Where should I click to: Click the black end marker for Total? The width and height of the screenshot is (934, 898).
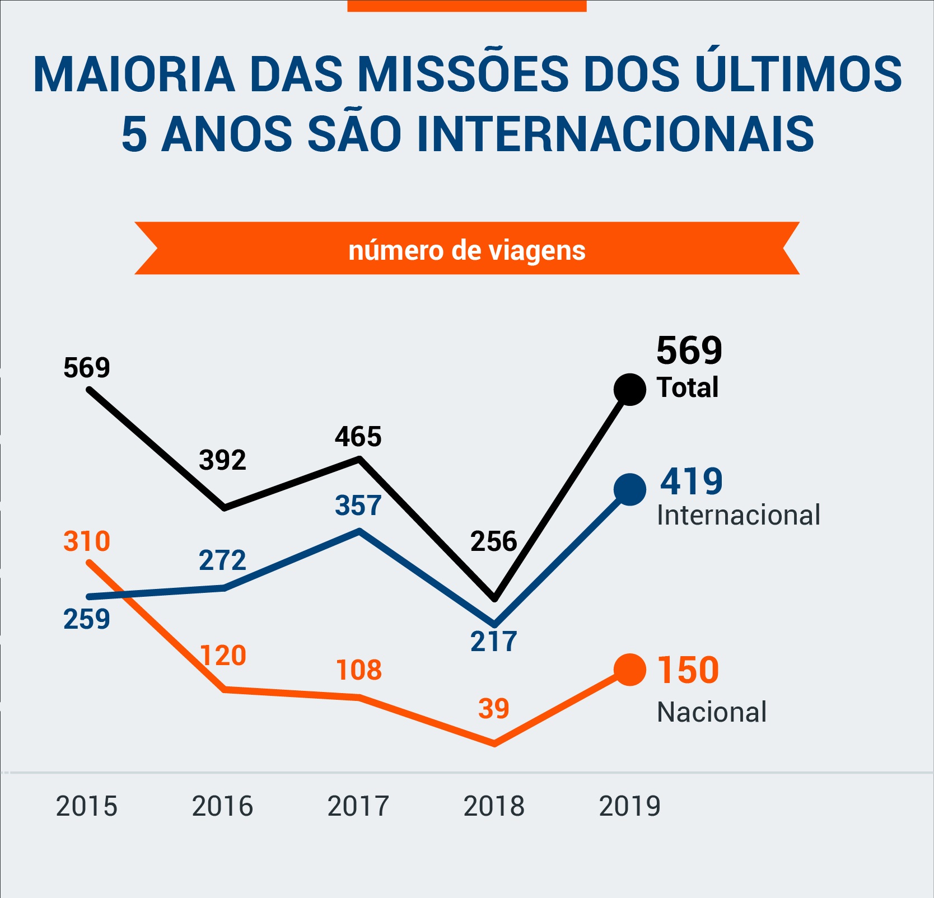pos(629,389)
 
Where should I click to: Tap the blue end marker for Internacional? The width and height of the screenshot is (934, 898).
pos(629,489)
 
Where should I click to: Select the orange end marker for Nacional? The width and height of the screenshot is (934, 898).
pos(629,670)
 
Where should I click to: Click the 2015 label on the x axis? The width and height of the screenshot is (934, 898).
pos(87,806)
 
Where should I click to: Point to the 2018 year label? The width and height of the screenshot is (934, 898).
pos(494,806)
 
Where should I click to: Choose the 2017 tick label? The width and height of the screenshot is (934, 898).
pos(358,806)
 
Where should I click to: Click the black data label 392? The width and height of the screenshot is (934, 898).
pos(222,460)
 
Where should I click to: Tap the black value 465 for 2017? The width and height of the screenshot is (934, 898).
pos(358,437)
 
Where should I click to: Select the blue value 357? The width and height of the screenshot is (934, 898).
pos(358,506)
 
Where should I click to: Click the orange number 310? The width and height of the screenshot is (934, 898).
pos(87,541)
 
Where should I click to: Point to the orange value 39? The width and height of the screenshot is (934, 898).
pos(494,709)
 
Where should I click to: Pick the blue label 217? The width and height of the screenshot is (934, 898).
pos(494,642)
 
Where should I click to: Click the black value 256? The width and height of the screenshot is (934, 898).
pos(494,541)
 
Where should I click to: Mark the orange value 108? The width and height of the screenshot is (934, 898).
pos(359,670)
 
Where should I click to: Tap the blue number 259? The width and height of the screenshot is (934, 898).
pos(87,619)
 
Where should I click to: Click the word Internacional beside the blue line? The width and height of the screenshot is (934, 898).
pos(738,515)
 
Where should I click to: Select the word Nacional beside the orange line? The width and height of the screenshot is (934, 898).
pos(711,712)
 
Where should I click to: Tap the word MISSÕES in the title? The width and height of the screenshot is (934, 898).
pos(463,74)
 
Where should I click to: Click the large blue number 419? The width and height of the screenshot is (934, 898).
pos(691,481)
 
